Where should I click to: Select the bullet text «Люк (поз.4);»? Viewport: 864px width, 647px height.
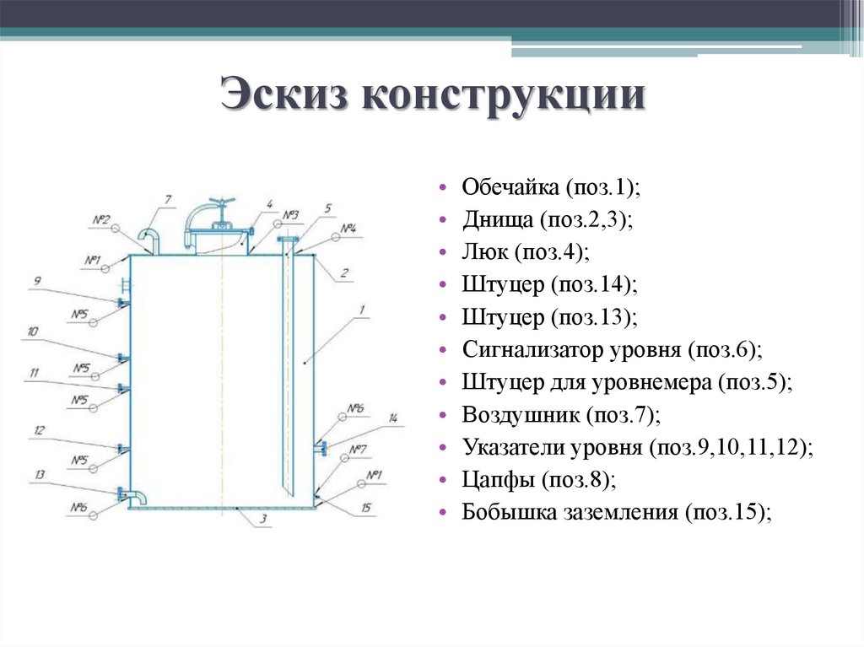[x=525, y=251]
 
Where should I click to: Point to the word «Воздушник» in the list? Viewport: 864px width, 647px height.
[x=519, y=415]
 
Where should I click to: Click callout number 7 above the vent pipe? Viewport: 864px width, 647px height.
[x=168, y=199]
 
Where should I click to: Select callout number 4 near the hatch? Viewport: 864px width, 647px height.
[x=268, y=203]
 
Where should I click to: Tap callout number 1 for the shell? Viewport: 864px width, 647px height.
[x=361, y=310]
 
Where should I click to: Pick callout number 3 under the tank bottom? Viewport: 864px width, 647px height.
[x=263, y=520]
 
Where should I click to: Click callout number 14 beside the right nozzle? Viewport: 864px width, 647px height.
[x=392, y=418]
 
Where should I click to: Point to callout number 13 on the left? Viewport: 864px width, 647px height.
[x=39, y=475]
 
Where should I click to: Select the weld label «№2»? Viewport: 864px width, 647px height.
[x=101, y=221]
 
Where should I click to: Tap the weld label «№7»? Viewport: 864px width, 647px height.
[x=358, y=449]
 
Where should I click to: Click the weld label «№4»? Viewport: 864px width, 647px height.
[x=348, y=229]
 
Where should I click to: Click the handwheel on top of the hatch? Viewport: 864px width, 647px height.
[x=224, y=204]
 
